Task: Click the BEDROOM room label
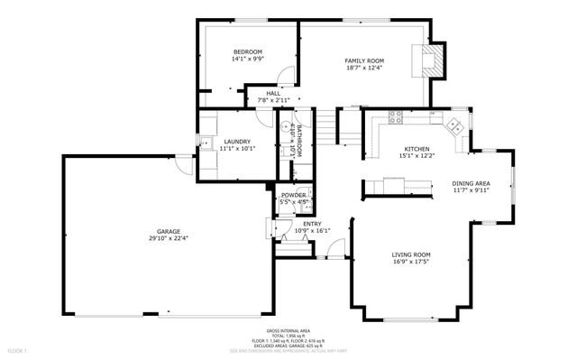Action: (247, 51)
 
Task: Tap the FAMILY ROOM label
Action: (364, 60)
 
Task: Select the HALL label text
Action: (272, 93)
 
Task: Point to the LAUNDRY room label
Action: (237, 141)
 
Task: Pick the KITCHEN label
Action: (417, 149)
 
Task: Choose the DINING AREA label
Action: (471, 183)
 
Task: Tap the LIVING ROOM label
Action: (410, 254)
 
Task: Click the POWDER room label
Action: (293, 195)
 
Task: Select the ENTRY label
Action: (312, 224)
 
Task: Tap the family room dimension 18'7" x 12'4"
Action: (364, 68)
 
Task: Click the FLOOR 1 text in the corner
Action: (17, 350)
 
